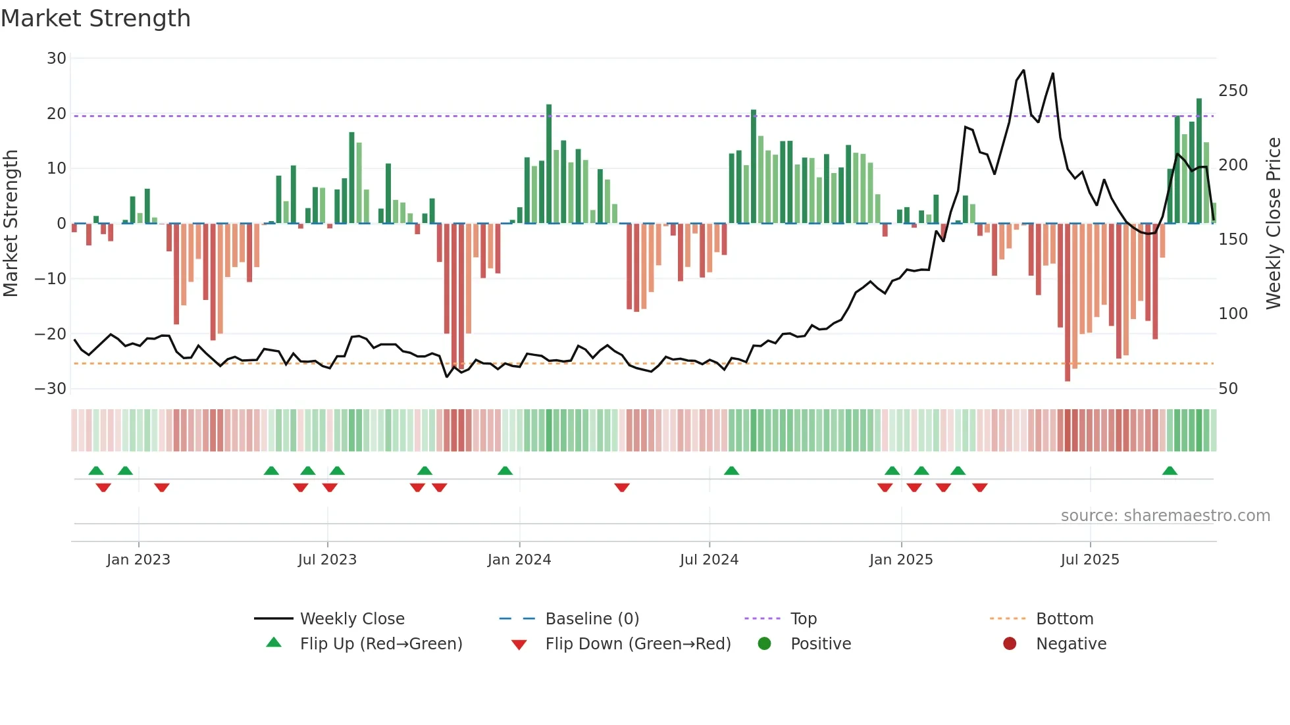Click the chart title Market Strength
coord(95,18)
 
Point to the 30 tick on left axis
coord(57,59)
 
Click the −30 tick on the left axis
coord(51,389)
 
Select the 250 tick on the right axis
coord(1233,91)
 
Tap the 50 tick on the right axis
coord(1228,389)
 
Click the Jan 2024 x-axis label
coord(519,560)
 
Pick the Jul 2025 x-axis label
coord(1090,560)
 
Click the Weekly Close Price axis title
coord(1274,223)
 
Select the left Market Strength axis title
coord(11,223)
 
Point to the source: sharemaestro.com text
coord(1165,516)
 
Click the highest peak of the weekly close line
coord(1023,70)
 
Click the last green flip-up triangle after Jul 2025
coord(1170,471)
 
